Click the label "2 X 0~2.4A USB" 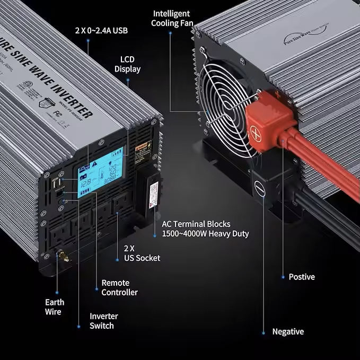[x=101, y=30]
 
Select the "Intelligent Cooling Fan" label [x=172, y=19]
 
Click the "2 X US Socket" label [x=138, y=253]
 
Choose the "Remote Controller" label [x=119, y=287]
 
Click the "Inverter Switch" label [x=103, y=321]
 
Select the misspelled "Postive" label [x=302, y=277]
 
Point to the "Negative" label [x=288, y=331]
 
